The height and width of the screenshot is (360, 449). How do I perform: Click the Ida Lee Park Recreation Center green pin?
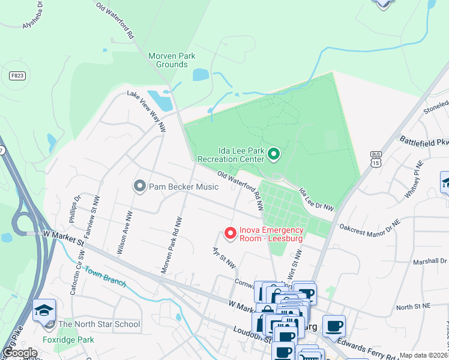click(274, 155)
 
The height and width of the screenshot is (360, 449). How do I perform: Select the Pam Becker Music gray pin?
click(140, 187)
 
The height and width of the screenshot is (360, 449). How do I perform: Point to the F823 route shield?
click(17, 76)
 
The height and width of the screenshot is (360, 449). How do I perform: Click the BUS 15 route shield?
click(376, 158)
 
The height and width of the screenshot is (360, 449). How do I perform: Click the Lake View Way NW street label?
click(146, 110)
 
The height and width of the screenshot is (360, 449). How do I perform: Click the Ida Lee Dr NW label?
click(316, 199)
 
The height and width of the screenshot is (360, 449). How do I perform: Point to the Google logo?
click(20, 353)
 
